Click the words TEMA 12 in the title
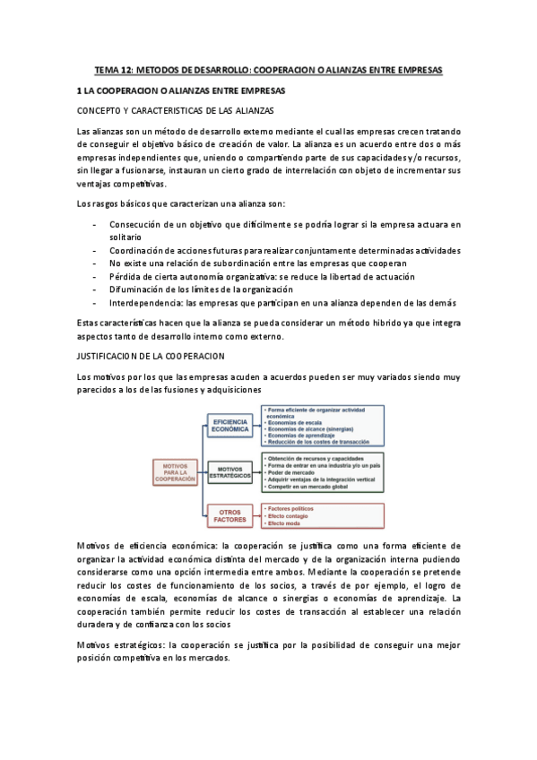(x=114, y=69)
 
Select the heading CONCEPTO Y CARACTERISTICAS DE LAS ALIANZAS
(x=177, y=110)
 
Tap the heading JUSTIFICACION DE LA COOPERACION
(x=151, y=355)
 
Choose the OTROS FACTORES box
(x=231, y=514)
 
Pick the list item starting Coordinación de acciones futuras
(x=284, y=250)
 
